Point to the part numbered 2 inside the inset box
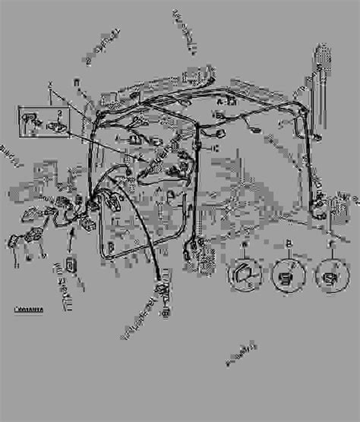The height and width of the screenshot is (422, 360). point(55,124)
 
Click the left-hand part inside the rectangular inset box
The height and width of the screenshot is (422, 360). point(31,120)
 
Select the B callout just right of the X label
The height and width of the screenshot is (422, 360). point(75,80)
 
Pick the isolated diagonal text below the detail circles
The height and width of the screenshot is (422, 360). point(237,352)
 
